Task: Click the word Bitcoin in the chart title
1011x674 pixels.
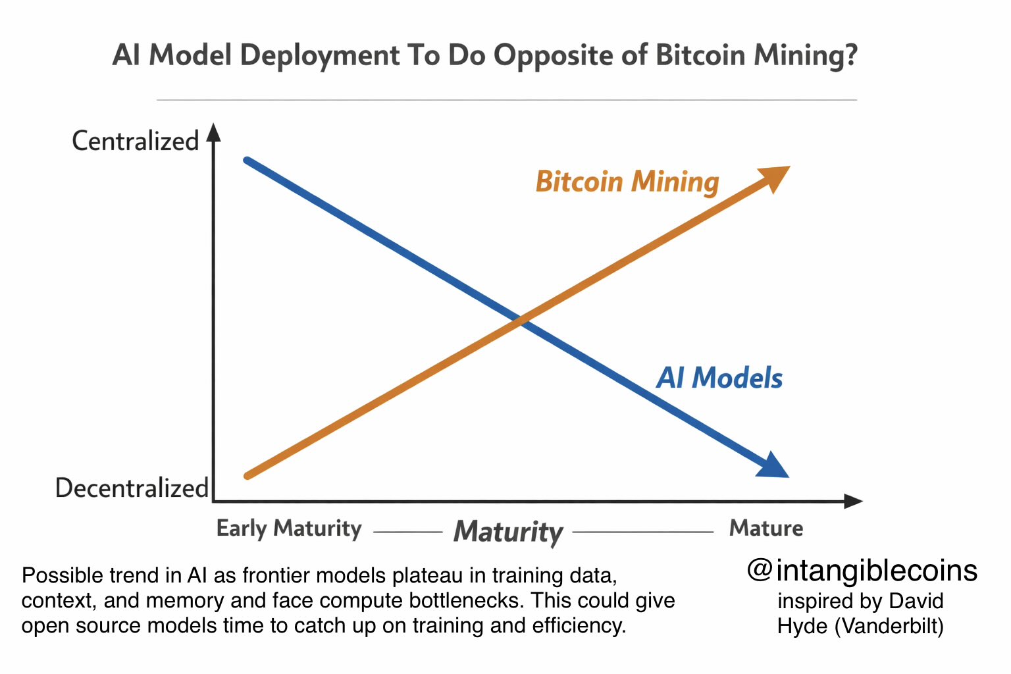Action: tap(700, 55)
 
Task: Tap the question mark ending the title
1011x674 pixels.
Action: tap(851, 55)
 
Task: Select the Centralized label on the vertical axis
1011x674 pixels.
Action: tap(135, 141)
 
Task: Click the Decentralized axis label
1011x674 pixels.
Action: tap(132, 488)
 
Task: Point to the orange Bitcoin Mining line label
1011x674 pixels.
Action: tap(627, 182)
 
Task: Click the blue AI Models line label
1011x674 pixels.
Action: tap(719, 378)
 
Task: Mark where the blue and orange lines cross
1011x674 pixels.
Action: tap(521, 321)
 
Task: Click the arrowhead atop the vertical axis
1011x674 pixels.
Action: tap(213, 132)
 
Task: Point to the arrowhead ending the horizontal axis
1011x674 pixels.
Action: tap(852, 502)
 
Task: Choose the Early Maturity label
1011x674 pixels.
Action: tap(289, 529)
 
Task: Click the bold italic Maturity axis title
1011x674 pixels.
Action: tap(508, 532)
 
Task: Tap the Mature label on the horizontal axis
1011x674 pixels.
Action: tap(766, 528)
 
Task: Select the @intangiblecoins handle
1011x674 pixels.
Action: tap(862, 571)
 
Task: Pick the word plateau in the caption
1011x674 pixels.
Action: tap(427, 576)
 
